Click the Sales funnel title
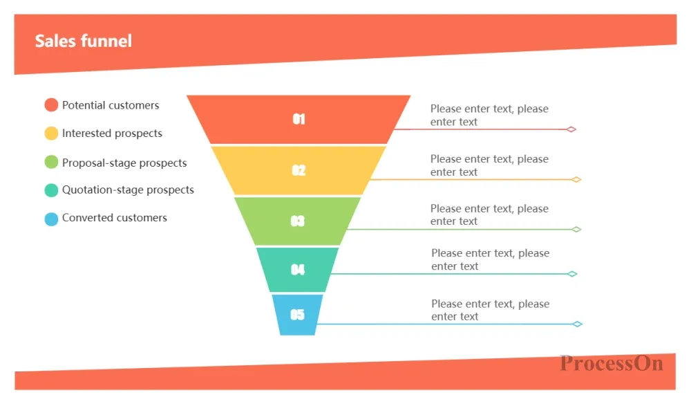pyautogui.click(x=84, y=41)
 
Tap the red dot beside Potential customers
pyautogui.click(x=51, y=105)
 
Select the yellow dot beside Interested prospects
pyautogui.click(x=51, y=134)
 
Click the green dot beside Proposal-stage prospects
pyautogui.click(x=51, y=162)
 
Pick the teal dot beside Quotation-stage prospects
pyautogui.click(x=51, y=190)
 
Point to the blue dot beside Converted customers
pyautogui.click(x=51, y=219)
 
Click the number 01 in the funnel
pyautogui.click(x=299, y=119)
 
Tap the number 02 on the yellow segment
pyautogui.click(x=299, y=170)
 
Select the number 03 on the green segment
pyautogui.click(x=297, y=221)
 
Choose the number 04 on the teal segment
pyautogui.click(x=297, y=270)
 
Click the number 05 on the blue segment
pyautogui.click(x=297, y=315)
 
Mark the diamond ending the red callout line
pyautogui.click(x=571, y=129)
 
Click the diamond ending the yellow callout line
pyautogui.click(x=576, y=179)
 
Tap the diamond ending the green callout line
pyautogui.click(x=576, y=230)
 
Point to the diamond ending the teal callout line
pyautogui.click(x=572, y=274)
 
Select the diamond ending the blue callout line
pyautogui.click(x=577, y=324)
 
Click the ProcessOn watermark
pyautogui.click(x=612, y=363)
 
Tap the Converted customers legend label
pyautogui.click(x=115, y=217)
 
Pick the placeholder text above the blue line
pyautogui.click(x=491, y=310)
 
